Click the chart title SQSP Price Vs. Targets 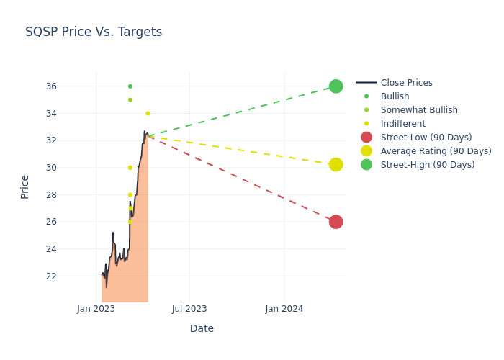[94, 32]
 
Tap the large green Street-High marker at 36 [336, 86]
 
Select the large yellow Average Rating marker [336, 165]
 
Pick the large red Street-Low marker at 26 [336, 222]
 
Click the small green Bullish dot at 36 [130, 86]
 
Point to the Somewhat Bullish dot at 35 [130, 100]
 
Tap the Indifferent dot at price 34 [148, 113]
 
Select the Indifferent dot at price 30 [130, 168]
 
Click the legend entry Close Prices [406, 83]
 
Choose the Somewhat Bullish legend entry [419, 110]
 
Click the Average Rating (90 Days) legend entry [436, 151]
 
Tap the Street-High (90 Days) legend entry [428, 165]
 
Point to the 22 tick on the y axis [71, 276]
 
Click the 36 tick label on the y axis [71, 86]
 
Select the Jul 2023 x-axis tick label [189, 309]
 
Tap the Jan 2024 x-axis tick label [284, 309]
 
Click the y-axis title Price [25, 186]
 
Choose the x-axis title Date [202, 328]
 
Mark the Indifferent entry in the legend [403, 124]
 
